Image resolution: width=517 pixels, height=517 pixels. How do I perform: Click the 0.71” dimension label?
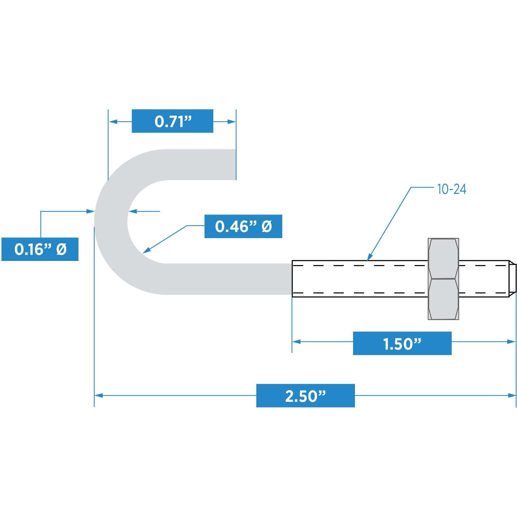click(x=172, y=121)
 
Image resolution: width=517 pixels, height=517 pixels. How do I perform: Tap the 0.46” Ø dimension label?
click(x=243, y=226)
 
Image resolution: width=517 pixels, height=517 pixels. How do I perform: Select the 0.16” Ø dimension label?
click(x=40, y=249)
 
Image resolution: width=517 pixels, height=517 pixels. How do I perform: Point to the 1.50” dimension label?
click(x=402, y=343)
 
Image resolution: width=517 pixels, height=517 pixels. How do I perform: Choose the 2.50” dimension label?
click(x=305, y=396)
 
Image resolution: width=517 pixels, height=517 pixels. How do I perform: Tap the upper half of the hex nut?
click(x=443, y=258)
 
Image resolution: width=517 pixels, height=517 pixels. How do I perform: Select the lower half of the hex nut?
click(x=443, y=299)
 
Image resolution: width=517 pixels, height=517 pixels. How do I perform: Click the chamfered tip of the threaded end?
click(x=512, y=279)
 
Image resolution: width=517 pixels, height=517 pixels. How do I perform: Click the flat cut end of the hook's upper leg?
click(x=235, y=164)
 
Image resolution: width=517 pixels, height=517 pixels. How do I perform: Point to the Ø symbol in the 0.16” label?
click(x=61, y=249)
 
